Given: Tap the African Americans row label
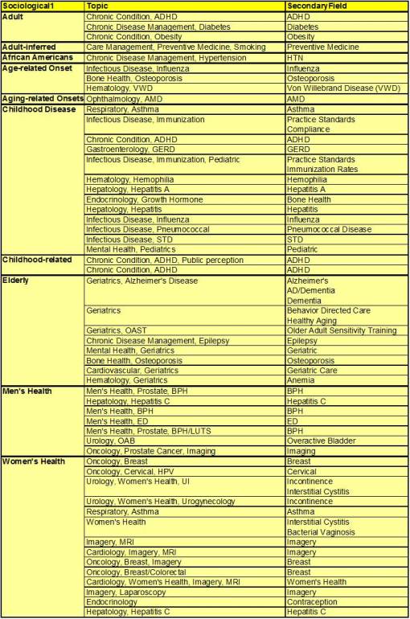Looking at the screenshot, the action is tap(38, 58).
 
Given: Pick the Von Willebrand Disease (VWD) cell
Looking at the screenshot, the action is tap(331, 89).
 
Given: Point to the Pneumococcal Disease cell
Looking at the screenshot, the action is tap(330, 229).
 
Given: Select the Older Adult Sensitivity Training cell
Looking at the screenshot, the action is tap(342, 330).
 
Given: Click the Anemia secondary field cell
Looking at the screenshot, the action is tap(301, 381).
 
